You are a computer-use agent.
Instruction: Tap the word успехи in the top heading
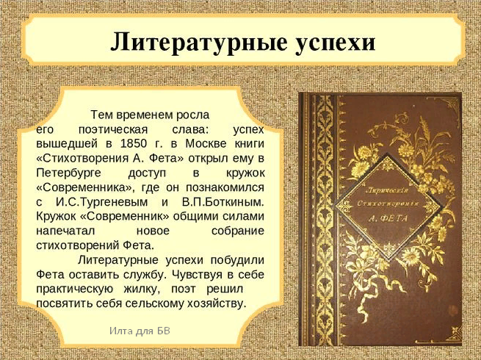click(336, 43)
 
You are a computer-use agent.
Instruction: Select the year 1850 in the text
click(133, 143)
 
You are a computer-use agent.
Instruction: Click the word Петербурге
click(68, 173)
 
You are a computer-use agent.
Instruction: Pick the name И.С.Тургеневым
click(101, 203)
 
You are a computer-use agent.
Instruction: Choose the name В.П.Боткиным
click(223, 203)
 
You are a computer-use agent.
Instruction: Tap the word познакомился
click(225, 187)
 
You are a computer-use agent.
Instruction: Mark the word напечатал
click(65, 231)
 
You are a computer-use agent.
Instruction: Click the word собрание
click(238, 231)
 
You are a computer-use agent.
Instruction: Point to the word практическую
click(75, 289)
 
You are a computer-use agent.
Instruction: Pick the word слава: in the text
click(190, 129)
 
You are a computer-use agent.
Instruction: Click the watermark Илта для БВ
click(140, 331)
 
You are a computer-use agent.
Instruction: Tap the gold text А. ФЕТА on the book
click(388, 218)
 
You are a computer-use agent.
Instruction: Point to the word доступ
click(147, 173)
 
